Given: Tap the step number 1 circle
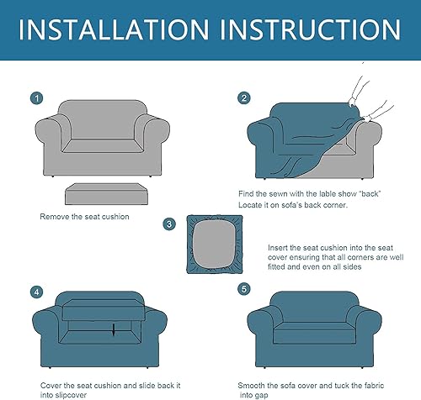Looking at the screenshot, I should tap(36, 99).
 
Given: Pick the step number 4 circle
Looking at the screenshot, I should tap(36, 292).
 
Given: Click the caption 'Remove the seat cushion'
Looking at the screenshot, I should tap(84, 217).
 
